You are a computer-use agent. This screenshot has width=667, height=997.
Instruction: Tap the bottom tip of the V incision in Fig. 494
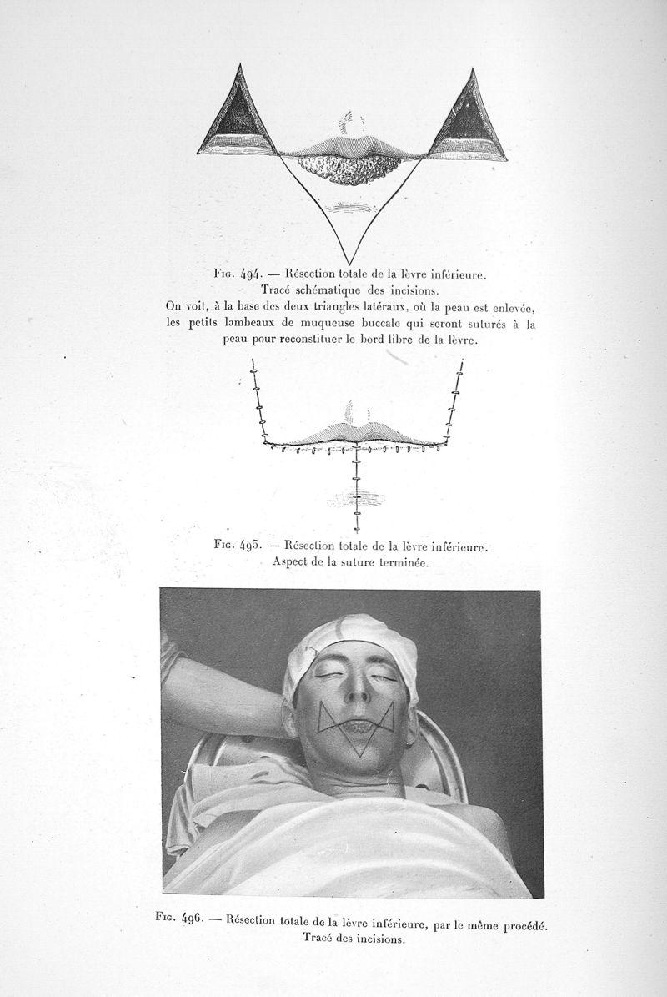(x=349, y=261)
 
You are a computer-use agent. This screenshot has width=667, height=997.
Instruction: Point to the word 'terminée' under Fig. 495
(x=400, y=562)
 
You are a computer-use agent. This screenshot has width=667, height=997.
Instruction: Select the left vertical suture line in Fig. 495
(x=258, y=400)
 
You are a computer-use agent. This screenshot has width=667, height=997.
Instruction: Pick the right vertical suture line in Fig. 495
(x=455, y=400)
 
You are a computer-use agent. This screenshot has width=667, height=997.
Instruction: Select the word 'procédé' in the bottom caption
(x=523, y=924)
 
